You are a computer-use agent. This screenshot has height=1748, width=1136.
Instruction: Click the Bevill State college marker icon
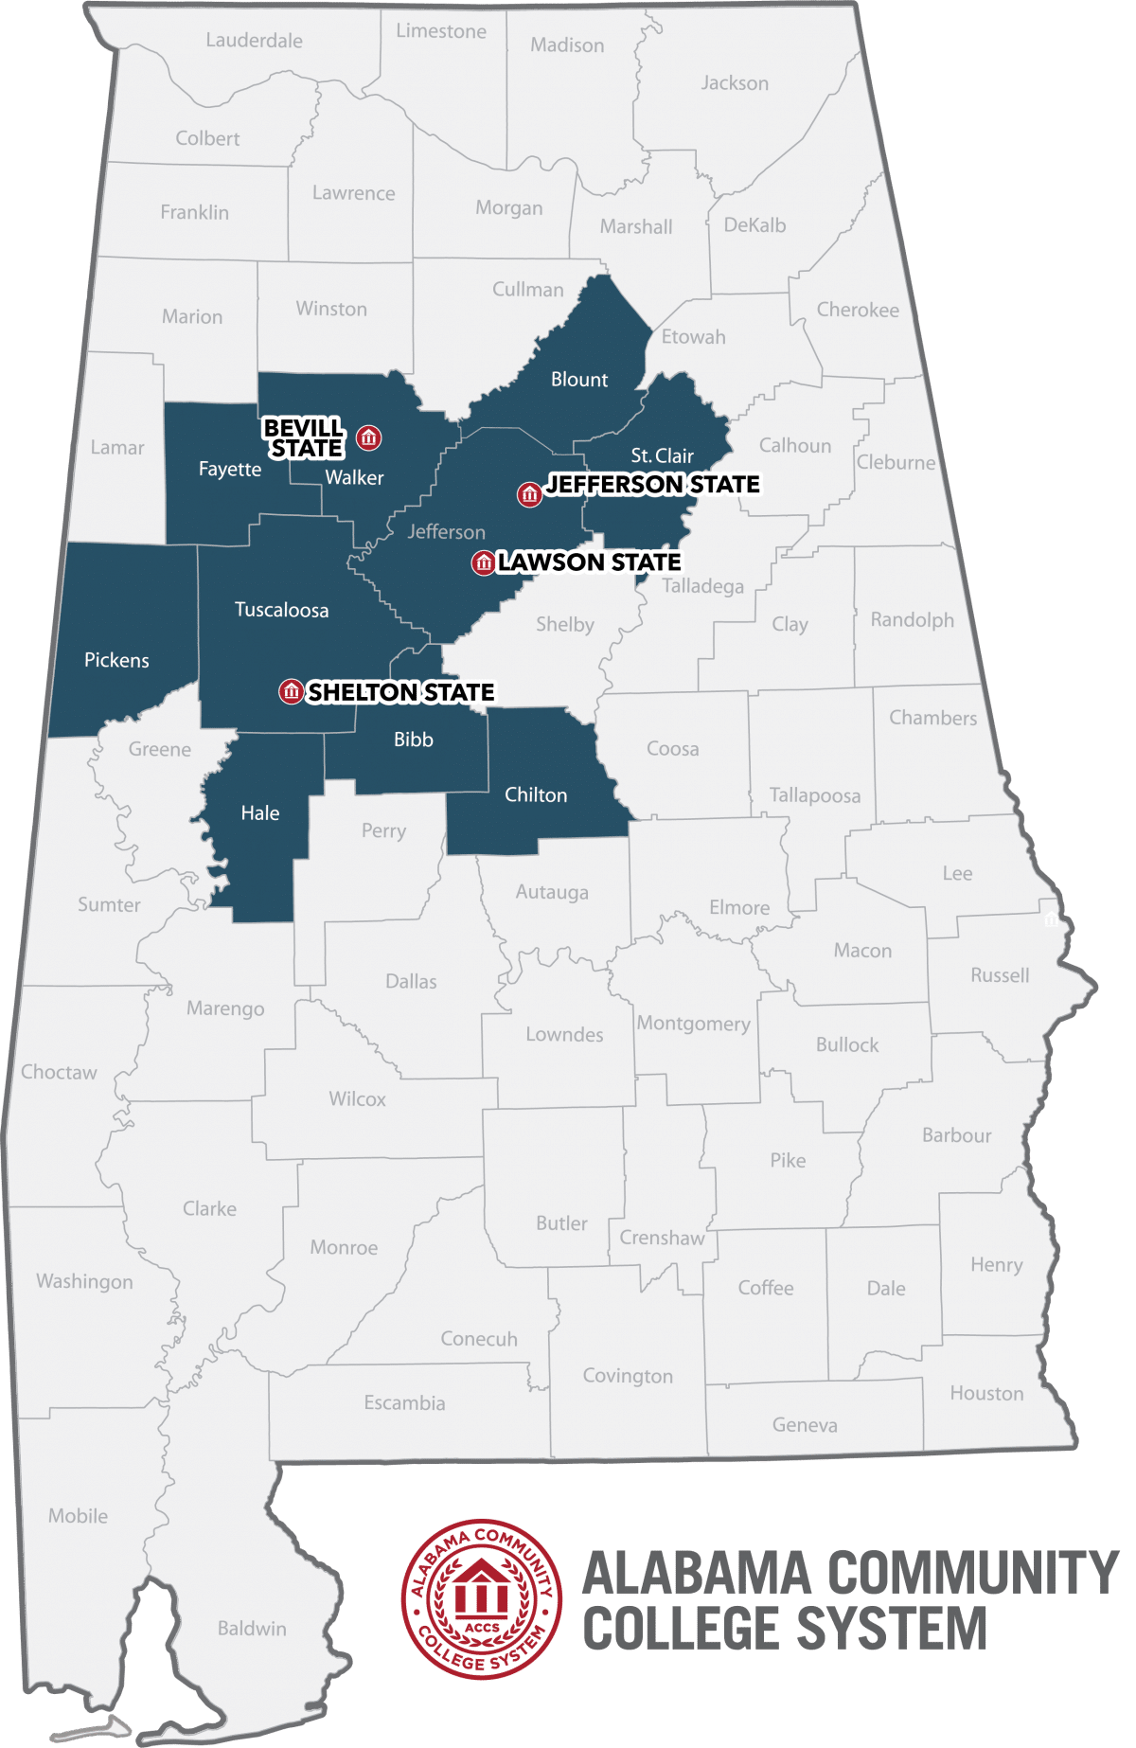369,437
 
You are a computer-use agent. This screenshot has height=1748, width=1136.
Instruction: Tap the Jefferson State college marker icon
529,494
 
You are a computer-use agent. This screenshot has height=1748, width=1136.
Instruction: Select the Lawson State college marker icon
484,563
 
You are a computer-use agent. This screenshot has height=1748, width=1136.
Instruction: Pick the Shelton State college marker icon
292,692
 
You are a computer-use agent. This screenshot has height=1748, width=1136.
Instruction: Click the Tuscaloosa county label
281,610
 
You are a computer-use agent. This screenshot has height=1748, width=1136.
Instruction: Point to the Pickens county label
116,660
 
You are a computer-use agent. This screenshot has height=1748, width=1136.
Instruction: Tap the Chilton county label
536,795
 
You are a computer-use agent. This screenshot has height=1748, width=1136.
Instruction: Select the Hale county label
260,813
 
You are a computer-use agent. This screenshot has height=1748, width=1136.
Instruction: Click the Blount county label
579,380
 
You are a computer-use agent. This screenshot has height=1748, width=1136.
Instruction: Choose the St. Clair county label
663,455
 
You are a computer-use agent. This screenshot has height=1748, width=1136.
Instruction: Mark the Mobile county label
78,1516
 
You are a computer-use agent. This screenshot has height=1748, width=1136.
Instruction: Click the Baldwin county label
252,1629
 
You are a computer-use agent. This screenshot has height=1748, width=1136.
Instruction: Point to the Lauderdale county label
254,41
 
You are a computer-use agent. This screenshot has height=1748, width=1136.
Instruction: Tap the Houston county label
986,1393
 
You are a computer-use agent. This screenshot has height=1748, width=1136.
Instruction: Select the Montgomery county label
693,1024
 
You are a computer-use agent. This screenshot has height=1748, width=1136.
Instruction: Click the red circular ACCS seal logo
482,1599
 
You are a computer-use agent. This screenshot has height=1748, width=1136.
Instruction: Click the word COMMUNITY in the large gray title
973,1574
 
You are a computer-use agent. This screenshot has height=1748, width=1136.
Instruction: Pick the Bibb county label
414,740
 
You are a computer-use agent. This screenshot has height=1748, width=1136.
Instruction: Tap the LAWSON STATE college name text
590,562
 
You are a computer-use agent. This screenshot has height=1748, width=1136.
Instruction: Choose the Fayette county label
230,470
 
